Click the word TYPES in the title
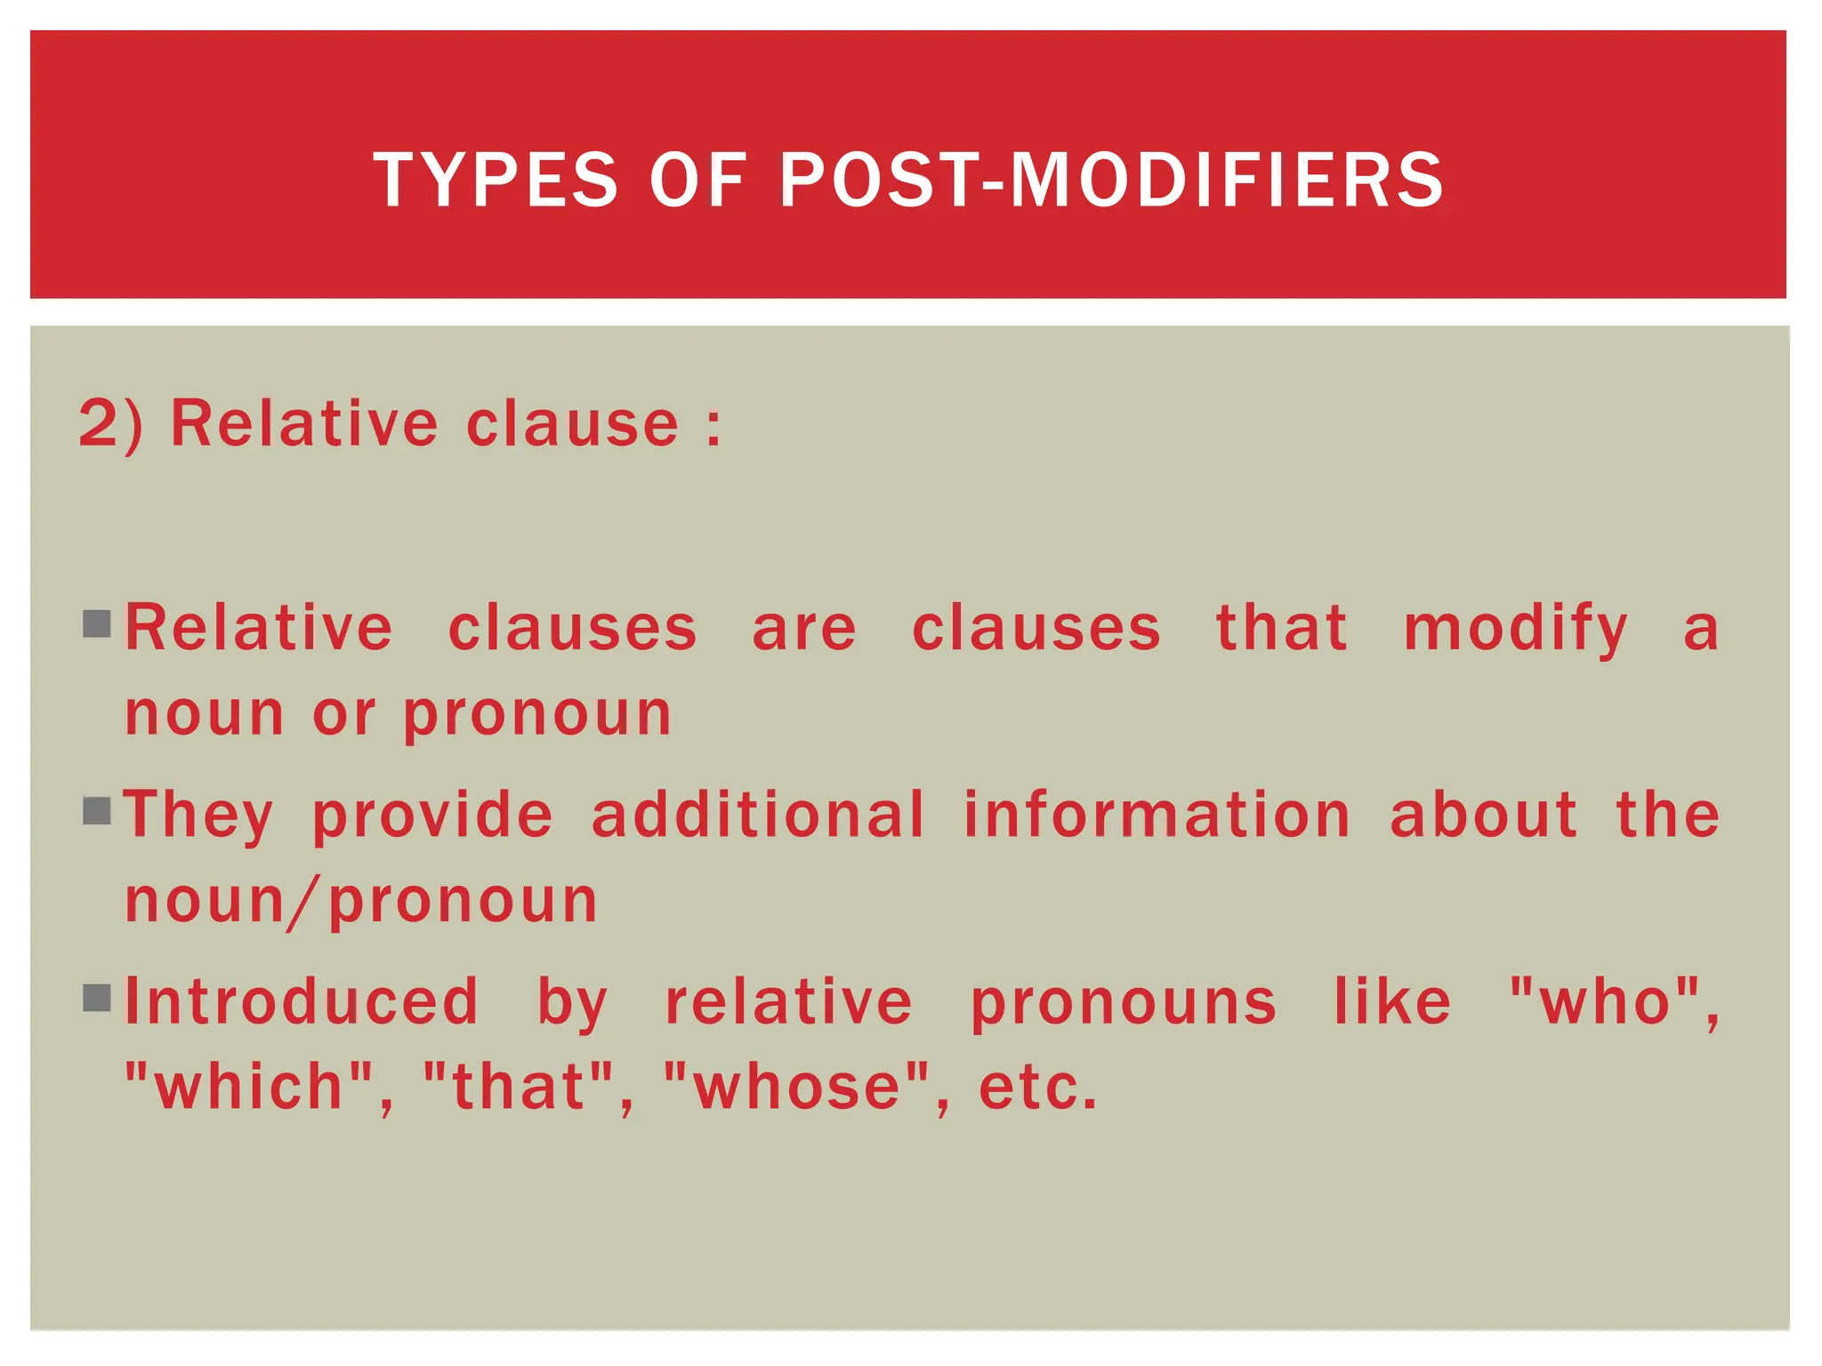point(495,181)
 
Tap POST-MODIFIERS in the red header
point(1111,181)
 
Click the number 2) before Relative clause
point(110,423)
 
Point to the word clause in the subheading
point(572,423)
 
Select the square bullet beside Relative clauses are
point(97,624)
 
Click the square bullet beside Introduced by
point(97,998)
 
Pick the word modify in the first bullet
point(1515,630)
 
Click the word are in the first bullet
point(804,630)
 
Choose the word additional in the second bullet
point(758,815)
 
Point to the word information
point(1157,815)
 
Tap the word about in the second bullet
point(1483,815)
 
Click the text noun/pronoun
point(361,902)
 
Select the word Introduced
point(302,1002)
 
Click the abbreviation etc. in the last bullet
point(1037,1089)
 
